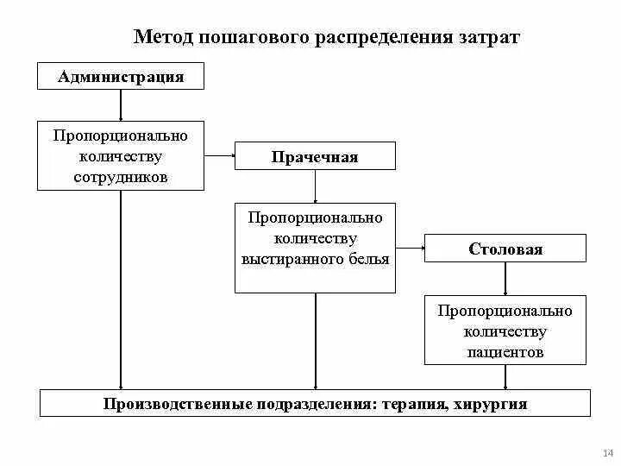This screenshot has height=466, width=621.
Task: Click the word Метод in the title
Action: pos(165,37)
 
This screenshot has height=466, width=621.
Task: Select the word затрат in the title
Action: pos(487,37)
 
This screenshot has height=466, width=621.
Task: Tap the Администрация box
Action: pos(121,77)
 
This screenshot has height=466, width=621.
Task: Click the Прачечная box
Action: pos(315,157)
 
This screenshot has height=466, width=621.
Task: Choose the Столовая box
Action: pos(505,249)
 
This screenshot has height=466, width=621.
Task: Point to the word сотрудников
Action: pos(121,177)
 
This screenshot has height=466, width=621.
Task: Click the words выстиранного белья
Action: pos(315,259)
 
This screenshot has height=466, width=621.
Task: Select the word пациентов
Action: pos(505,352)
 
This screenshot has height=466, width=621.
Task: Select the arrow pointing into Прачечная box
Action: pos(221,156)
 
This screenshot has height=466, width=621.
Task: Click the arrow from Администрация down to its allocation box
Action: pos(121,104)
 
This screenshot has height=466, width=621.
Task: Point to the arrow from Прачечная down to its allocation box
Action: pos(315,186)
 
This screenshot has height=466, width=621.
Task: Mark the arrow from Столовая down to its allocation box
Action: pos(505,278)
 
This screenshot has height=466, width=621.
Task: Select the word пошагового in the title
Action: pos(258,37)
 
